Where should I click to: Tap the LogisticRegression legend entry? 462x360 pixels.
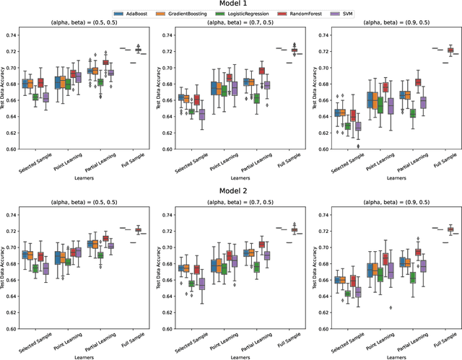[240, 14]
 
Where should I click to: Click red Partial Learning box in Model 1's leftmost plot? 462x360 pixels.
[106, 63]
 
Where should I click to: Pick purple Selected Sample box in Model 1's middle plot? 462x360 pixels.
[202, 114]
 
